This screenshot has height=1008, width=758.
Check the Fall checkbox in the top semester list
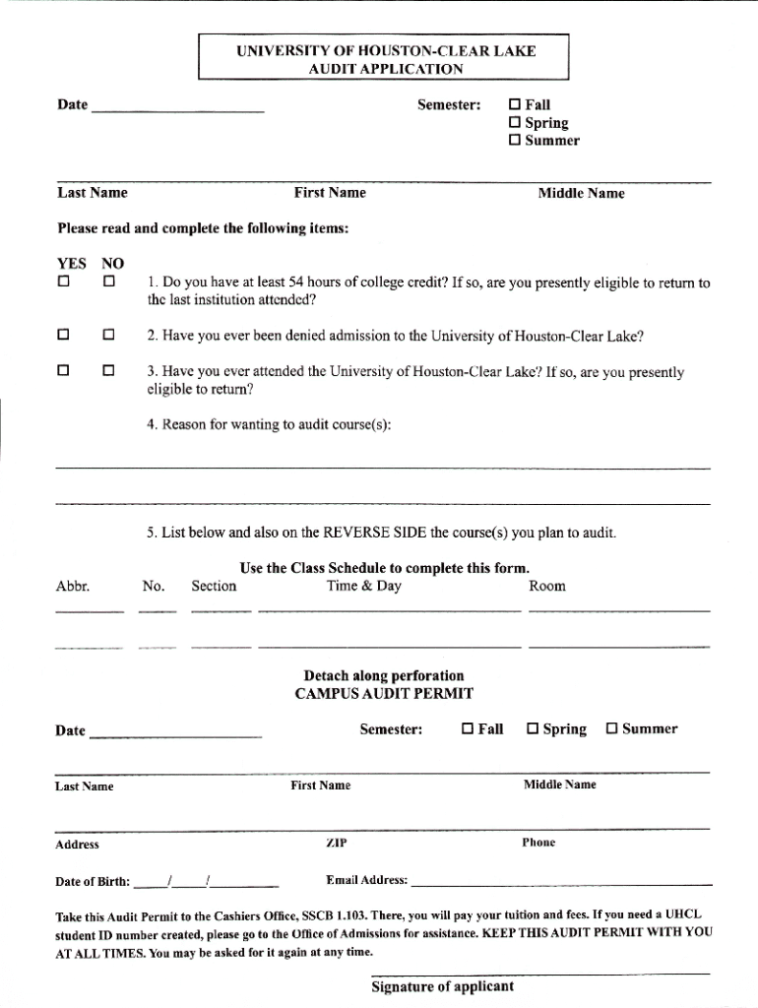(x=514, y=104)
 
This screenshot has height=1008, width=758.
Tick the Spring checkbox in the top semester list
(x=514, y=123)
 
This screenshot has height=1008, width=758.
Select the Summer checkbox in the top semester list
(x=514, y=141)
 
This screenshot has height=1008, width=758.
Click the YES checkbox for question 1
(x=64, y=283)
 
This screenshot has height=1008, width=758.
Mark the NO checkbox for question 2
(x=109, y=336)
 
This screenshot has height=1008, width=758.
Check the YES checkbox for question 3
(x=64, y=372)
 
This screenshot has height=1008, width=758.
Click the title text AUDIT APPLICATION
(x=384, y=69)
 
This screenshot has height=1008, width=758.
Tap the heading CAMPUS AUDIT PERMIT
(x=384, y=693)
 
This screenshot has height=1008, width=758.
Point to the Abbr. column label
(x=73, y=586)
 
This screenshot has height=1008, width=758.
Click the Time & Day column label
(x=363, y=586)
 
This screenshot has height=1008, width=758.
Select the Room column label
(x=547, y=586)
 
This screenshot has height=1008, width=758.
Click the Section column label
(x=214, y=586)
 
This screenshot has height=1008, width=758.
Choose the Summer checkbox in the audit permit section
(x=611, y=729)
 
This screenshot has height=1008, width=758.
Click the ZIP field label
(x=336, y=843)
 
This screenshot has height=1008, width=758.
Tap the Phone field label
(x=539, y=843)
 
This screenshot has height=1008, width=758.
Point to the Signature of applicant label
(x=442, y=986)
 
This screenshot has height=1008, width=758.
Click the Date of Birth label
(x=93, y=880)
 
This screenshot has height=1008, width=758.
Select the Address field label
(x=77, y=845)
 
